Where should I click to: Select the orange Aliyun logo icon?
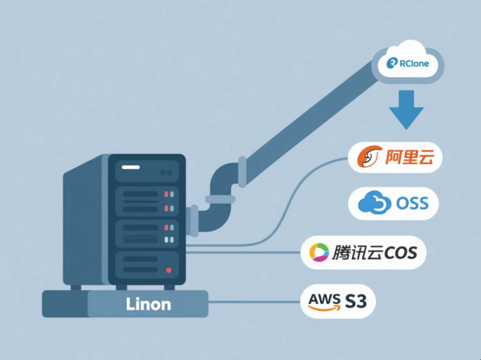(x=366, y=158)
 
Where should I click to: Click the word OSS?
(x=413, y=203)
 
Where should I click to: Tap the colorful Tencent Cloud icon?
(x=319, y=253)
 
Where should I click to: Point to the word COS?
(x=401, y=253)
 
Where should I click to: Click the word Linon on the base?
(x=148, y=305)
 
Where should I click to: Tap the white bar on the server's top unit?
(x=130, y=168)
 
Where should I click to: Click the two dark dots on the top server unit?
(x=167, y=172)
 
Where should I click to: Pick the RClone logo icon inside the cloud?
(x=393, y=63)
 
